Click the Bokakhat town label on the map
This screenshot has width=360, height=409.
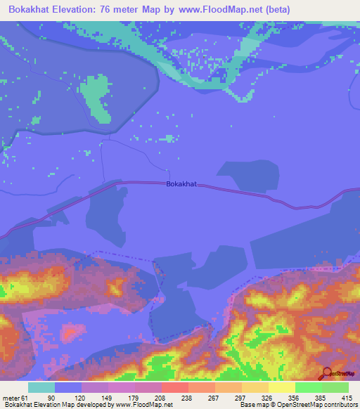pyautogui.click(x=181, y=185)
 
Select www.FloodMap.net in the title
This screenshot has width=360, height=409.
pyautogui.click(x=219, y=10)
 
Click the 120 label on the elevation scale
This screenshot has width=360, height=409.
pyautogui.click(x=80, y=398)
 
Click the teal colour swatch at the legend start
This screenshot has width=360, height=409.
pyautogui.click(x=41, y=387)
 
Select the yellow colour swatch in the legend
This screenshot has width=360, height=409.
pyautogui.click(x=281, y=387)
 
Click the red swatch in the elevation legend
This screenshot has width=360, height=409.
pyautogui.click(x=174, y=387)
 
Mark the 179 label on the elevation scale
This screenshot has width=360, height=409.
pyautogui.click(x=134, y=398)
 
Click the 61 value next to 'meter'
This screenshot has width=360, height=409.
pyautogui.click(x=27, y=398)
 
